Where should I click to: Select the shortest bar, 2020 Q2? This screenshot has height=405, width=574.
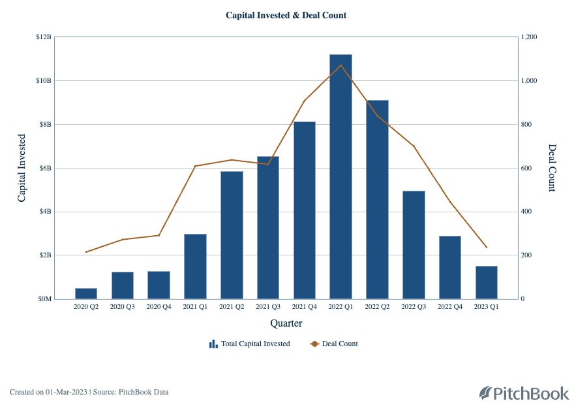(x=86, y=293)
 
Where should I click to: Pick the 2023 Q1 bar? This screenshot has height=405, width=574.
(x=486, y=282)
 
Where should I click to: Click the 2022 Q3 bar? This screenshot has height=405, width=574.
(x=414, y=245)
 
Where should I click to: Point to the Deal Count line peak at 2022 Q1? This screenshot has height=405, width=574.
(x=340, y=65)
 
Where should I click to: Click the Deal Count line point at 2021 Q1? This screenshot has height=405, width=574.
(x=195, y=166)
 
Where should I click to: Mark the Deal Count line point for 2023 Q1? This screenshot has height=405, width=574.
(x=486, y=248)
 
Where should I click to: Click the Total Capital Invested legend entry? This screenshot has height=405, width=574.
(x=250, y=344)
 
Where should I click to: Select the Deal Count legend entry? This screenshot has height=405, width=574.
(x=334, y=344)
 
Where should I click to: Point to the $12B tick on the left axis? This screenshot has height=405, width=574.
(x=44, y=37)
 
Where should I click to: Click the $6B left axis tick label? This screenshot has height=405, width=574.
(x=44, y=168)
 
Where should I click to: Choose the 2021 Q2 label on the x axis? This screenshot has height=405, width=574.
(x=232, y=306)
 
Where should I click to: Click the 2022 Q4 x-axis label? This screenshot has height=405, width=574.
(x=449, y=306)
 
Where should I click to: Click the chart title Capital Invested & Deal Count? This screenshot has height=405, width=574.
(x=286, y=15)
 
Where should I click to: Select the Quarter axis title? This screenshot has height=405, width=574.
(x=286, y=323)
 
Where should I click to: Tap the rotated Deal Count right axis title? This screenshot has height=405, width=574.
(x=552, y=168)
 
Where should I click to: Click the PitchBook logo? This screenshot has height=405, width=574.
(x=524, y=393)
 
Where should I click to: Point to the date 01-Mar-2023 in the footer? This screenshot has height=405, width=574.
(x=67, y=392)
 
